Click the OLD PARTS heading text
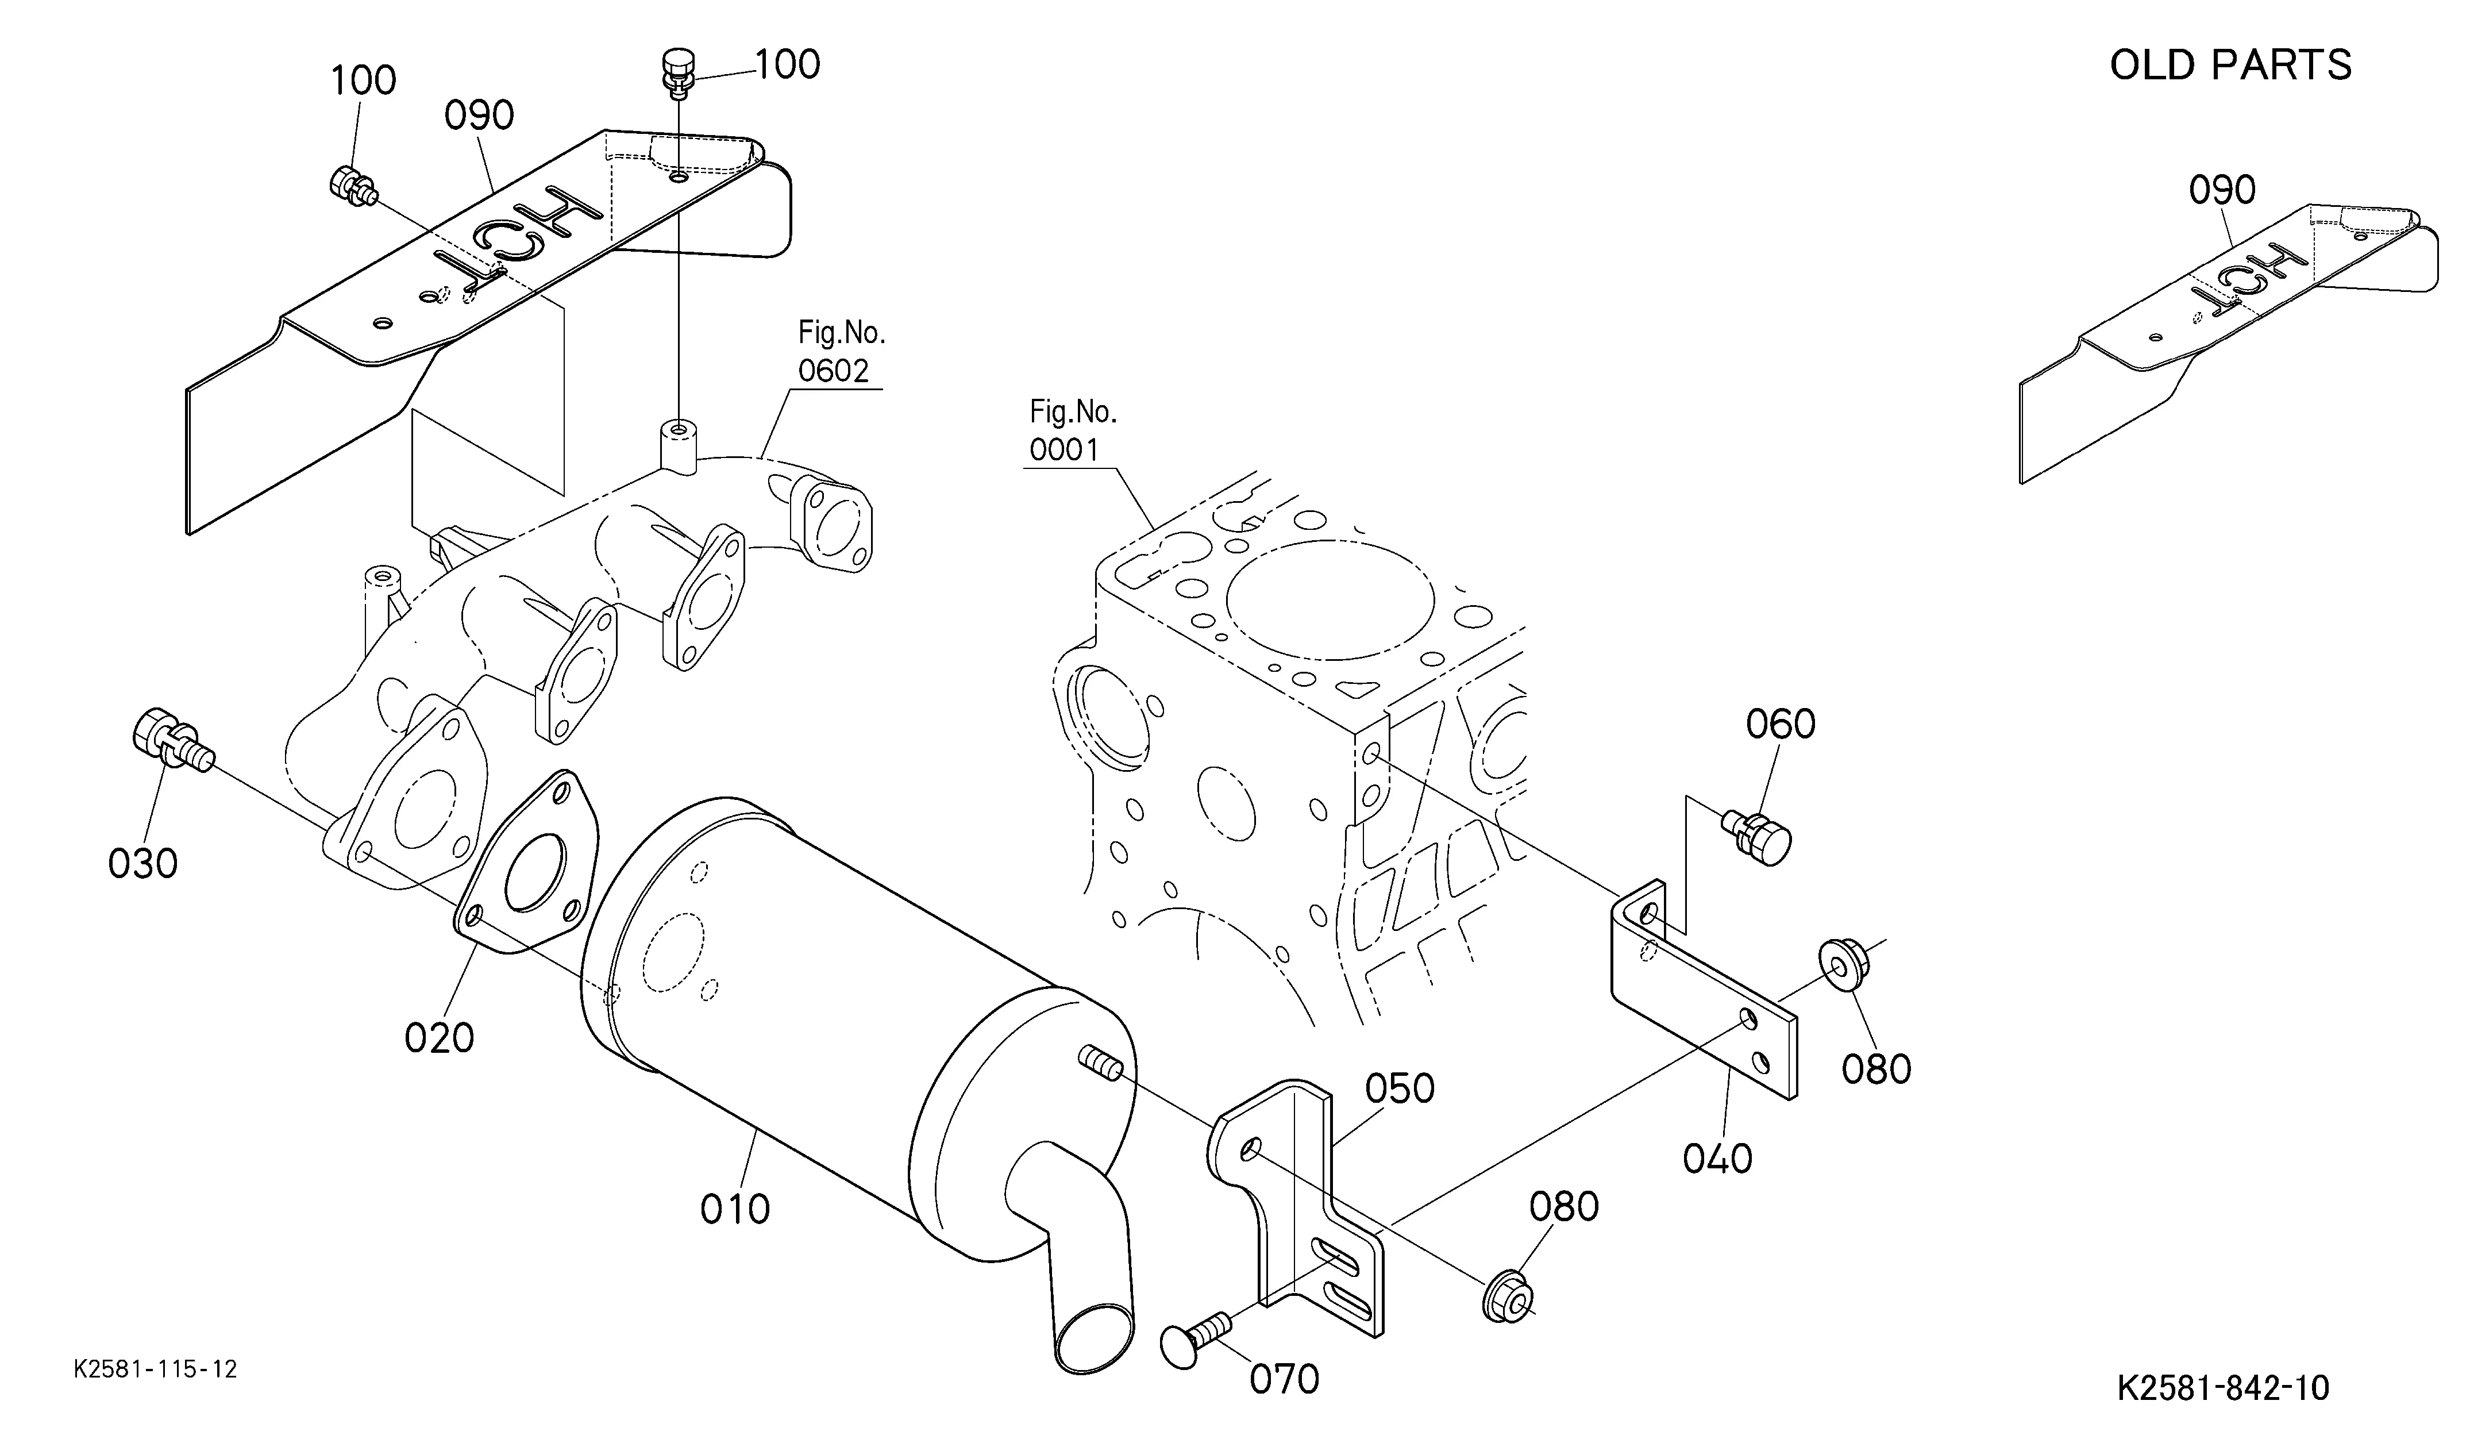[2230, 66]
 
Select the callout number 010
[734, 1209]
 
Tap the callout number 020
[439, 1037]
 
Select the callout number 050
[1400, 1088]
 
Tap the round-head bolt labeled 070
[1191, 1343]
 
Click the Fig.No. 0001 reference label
[1072, 432]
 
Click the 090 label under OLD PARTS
[2222, 190]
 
